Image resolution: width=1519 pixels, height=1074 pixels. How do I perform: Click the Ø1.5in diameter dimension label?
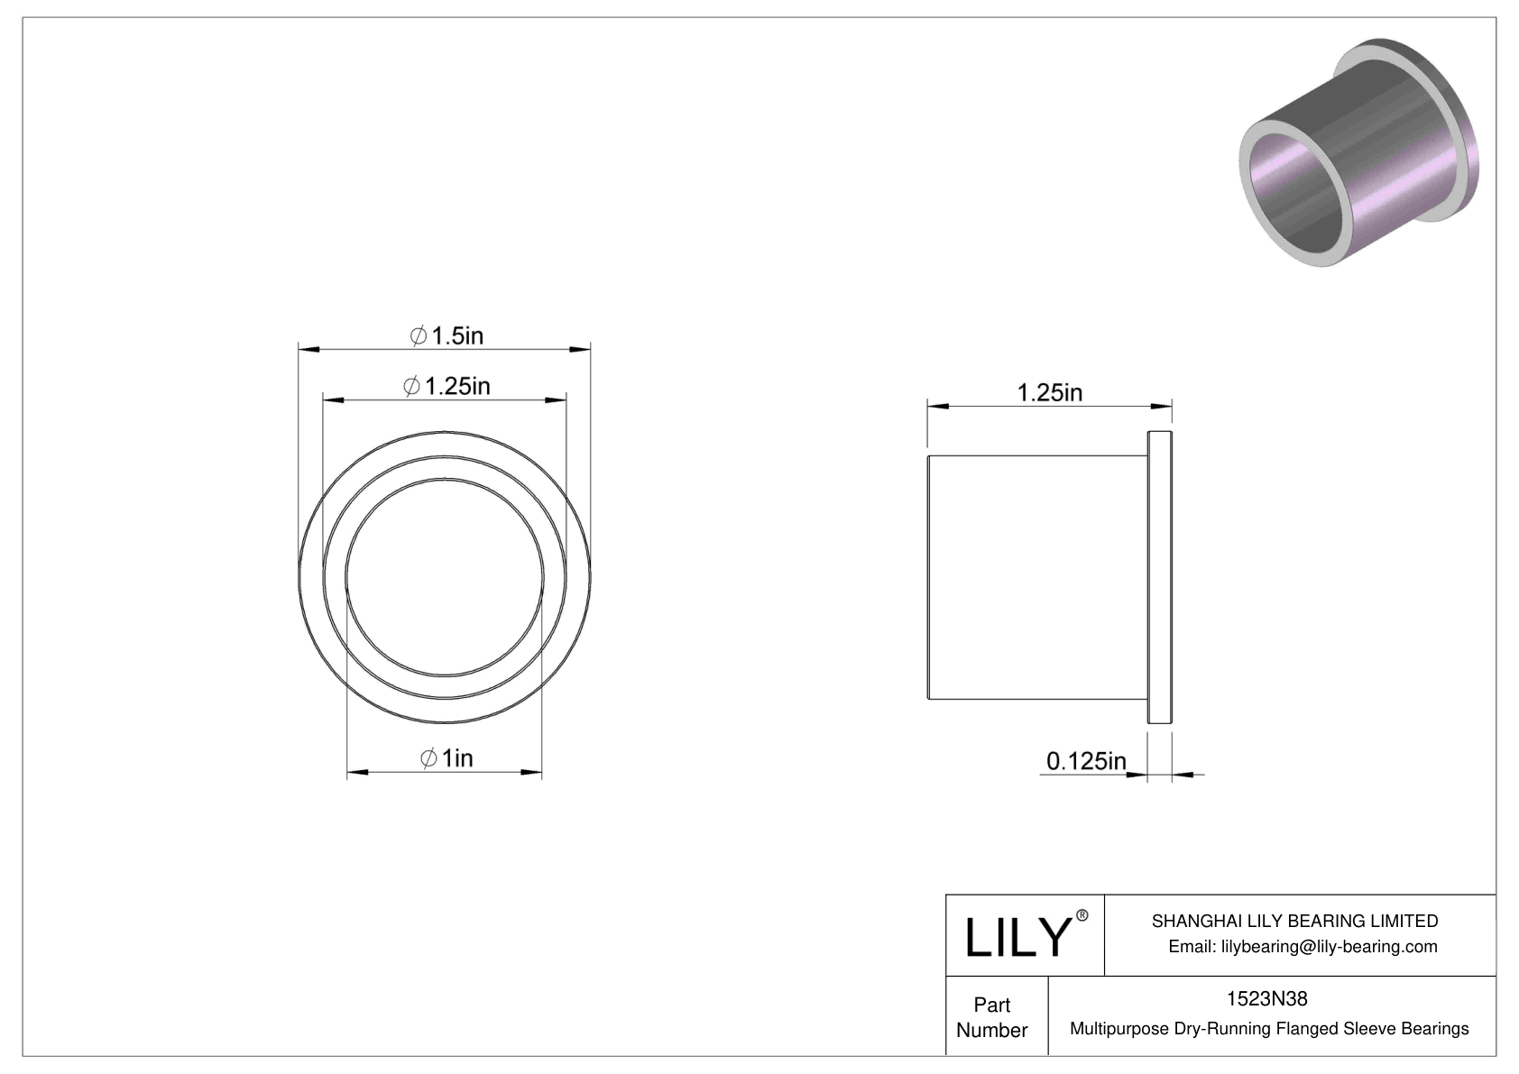pos(447,336)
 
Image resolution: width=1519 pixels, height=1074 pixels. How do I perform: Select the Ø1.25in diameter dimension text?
pos(447,387)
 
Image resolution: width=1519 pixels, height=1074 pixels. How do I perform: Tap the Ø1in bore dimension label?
pos(446,758)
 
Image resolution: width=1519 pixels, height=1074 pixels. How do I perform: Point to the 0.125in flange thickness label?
pos(1086,762)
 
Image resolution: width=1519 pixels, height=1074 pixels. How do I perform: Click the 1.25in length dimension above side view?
pos(1050,393)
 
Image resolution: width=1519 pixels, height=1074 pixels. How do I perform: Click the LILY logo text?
pos(1017,938)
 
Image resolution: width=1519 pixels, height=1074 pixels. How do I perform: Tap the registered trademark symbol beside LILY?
pos(1082,916)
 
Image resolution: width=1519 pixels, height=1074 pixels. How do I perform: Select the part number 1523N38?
pos(1266,998)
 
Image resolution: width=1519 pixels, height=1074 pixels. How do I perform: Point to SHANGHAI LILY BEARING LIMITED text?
pos(1294,921)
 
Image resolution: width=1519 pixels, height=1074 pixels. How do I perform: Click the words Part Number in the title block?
pos(992,1017)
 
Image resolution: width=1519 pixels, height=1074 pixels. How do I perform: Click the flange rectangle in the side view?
pos(1160,577)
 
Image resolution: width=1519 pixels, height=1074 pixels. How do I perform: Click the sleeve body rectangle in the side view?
pos(1037,577)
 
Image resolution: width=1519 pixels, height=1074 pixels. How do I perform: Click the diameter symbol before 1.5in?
pos(419,336)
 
